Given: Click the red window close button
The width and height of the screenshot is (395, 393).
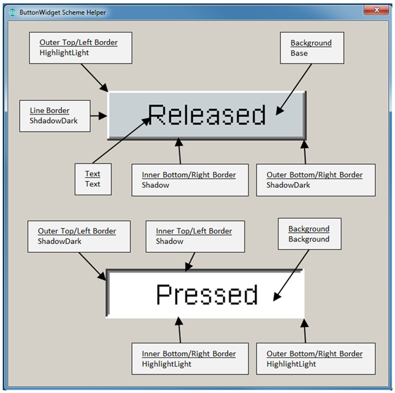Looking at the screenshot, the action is [x=376, y=10].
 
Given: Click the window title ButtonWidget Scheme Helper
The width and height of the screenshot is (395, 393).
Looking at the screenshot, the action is [x=62, y=13].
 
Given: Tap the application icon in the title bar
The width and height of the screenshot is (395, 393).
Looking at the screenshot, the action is [x=12, y=13].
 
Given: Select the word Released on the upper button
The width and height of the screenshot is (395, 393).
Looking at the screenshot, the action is [x=207, y=114].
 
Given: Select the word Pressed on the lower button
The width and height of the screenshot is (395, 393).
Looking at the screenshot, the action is [x=207, y=294].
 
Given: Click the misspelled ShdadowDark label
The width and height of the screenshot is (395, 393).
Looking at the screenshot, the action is [x=54, y=120].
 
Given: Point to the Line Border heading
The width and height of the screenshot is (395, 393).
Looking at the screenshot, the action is [x=49, y=110].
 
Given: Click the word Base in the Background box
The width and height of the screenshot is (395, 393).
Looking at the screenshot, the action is [x=299, y=54].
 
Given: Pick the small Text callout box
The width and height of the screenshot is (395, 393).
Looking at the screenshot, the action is [x=93, y=179].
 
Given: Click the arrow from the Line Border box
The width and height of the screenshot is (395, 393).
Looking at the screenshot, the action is [x=99, y=116].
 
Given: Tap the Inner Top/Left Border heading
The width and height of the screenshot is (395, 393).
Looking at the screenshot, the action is [x=194, y=231].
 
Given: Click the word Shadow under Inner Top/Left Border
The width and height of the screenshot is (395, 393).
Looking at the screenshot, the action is [x=170, y=241].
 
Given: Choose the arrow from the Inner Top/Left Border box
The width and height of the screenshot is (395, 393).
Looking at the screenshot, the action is [x=190, y=262].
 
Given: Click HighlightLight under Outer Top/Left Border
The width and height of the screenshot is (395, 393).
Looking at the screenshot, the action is [x=64, y=53].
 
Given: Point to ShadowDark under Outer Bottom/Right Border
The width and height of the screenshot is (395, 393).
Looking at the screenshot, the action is [x=288, y=185].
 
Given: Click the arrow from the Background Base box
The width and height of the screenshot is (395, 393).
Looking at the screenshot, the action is [x=294, y=89].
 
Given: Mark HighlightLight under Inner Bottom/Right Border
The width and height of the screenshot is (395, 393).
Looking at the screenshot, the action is [x=166, y=364].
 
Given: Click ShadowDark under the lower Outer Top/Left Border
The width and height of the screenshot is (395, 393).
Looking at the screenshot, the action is [x=60, y=241].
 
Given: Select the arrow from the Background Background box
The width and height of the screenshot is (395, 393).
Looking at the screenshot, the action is [x=291, y=275].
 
